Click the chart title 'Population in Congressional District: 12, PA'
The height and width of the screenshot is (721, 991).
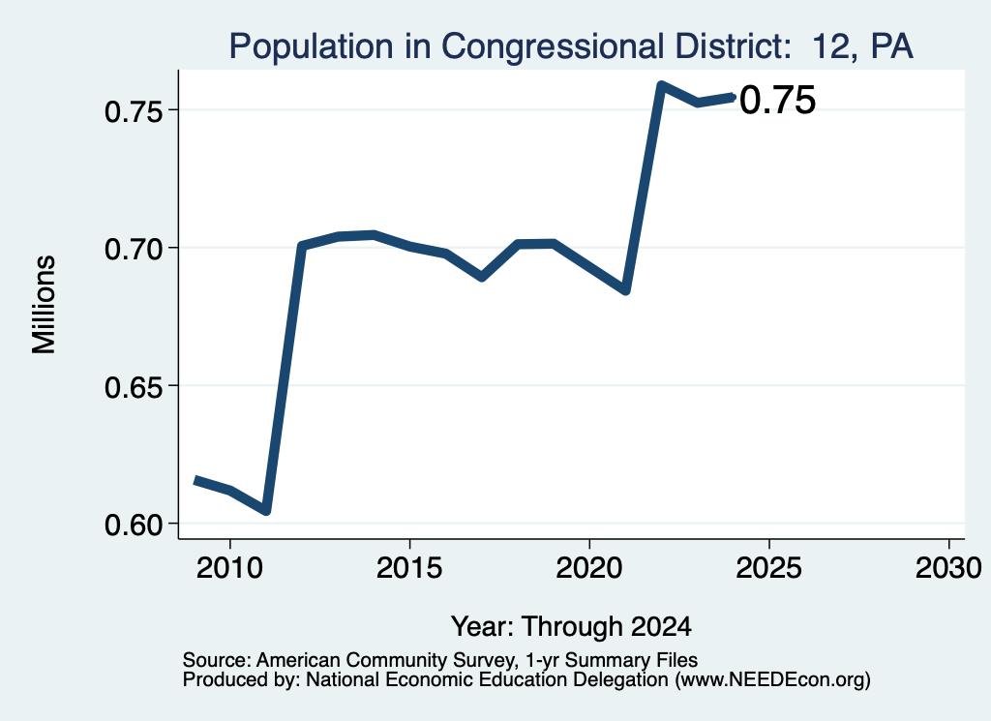tap(571, 46)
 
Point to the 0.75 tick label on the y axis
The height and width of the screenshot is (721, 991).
tap(134, 112)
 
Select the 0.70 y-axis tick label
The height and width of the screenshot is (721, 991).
tap(134, 249)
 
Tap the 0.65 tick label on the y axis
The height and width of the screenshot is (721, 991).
tap(134, 387)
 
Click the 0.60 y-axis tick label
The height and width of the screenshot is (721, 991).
tap(134, 525)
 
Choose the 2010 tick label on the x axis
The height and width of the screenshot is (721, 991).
tap(229, 567)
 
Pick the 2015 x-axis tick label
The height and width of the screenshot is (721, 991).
tap(409, 567)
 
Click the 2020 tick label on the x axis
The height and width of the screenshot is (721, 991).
tap(589, 567)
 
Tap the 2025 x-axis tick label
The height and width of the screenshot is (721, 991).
tap(769, 567)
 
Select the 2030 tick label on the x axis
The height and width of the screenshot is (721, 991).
tap(948, 567)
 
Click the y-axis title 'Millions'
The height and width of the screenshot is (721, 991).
tap(45, 305)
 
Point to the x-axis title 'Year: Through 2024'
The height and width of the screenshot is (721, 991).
tap(571, 626)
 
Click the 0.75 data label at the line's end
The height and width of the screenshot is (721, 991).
tap(777, 101)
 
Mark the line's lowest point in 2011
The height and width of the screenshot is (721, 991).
tap(266, 510)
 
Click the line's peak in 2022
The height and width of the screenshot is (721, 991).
tap(661, 84)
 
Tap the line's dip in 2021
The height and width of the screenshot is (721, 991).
tap(626, 290)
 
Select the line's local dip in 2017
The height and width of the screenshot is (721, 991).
tap(482, 277)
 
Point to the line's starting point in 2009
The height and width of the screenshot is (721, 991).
tap(195, 480)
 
